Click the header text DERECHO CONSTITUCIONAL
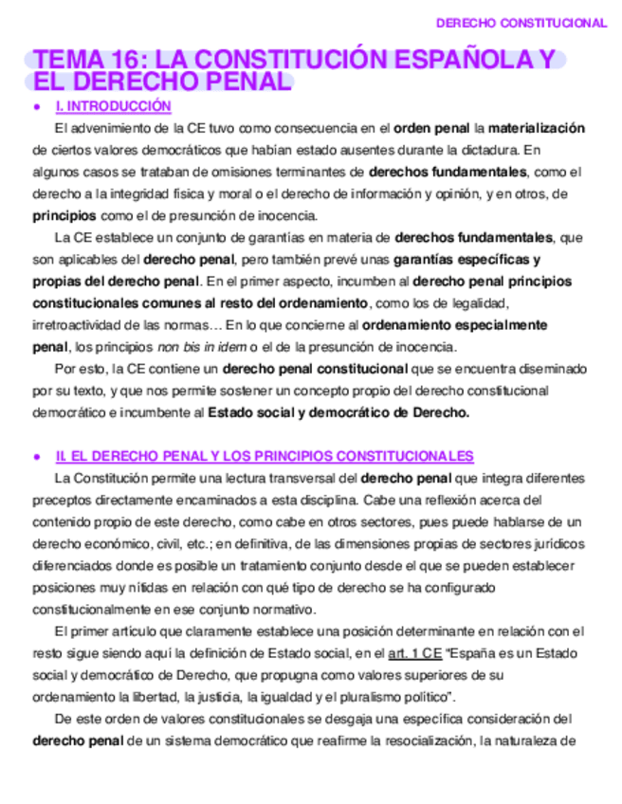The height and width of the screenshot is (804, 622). [521, 23]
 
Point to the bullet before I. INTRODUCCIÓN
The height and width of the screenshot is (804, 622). [35, 107]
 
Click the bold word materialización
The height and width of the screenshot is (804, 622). [536, 128]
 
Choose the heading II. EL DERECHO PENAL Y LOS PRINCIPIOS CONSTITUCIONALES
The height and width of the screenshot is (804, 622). [265, 456]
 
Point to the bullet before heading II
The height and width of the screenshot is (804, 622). [35, 457]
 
